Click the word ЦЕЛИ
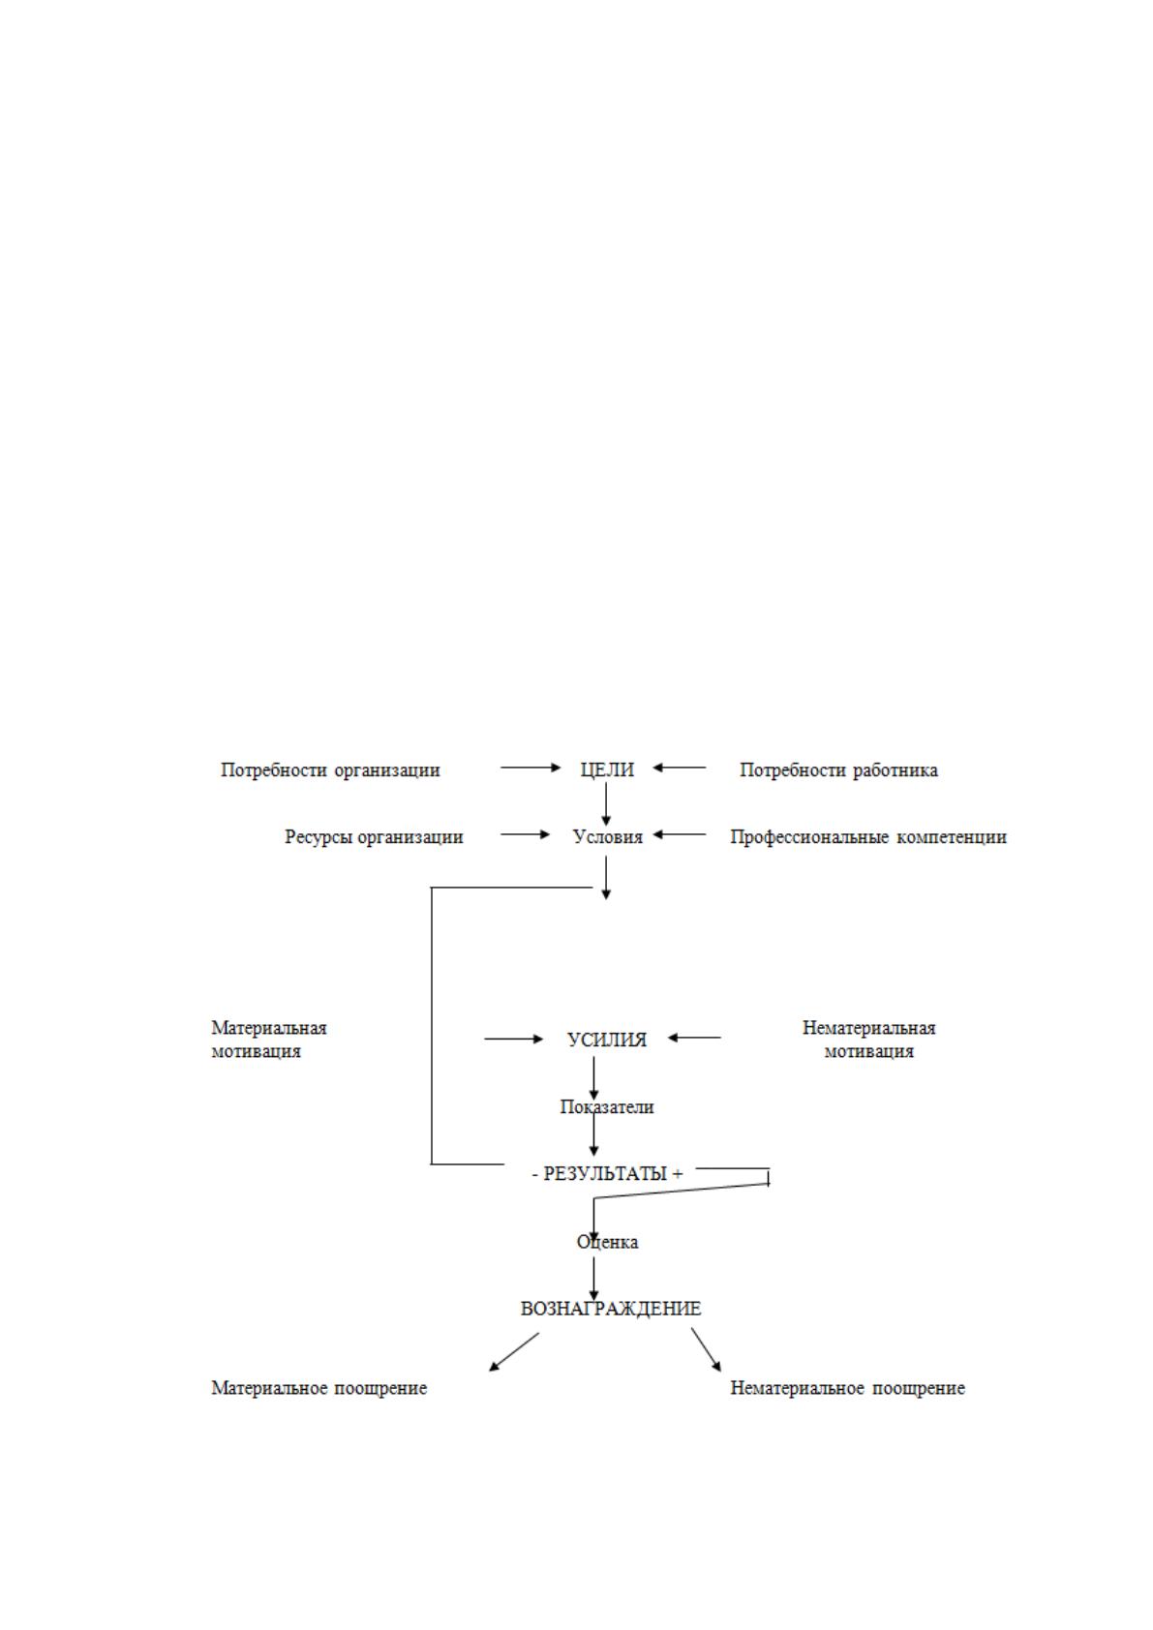point(607,770)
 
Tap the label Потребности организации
point(330,770)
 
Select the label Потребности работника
point(838,770)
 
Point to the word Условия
point(608,837)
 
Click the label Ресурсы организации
point(374,837)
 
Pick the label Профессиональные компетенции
point(868,837)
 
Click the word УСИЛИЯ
point(607,1040)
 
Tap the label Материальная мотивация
point(269,1040)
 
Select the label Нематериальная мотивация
point(869,1040)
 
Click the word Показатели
point(607,1106)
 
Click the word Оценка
point(608,1242)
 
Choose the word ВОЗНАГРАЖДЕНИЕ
point(611,1309)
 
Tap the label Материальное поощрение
point(319,1388)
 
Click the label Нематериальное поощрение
point(847,1388)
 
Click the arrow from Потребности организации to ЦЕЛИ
point(531,767)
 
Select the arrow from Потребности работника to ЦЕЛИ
point(680,767)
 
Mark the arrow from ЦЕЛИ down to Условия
point(606,804)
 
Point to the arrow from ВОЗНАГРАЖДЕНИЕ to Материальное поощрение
point(514,1351)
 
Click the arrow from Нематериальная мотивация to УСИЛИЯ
point(694,1038)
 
